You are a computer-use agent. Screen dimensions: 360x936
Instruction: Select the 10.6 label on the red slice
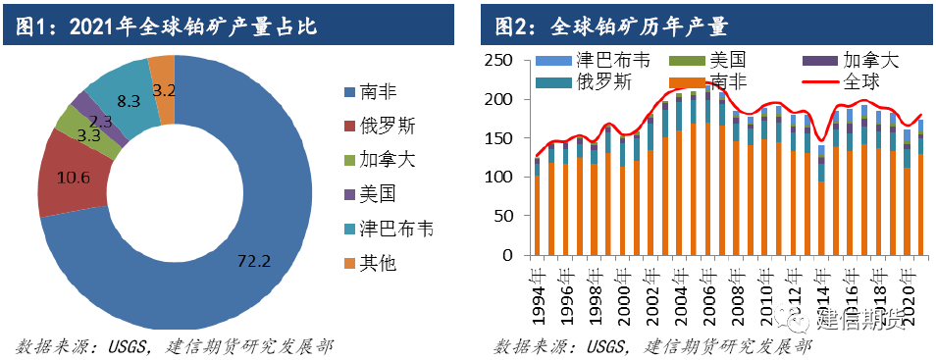point(71,178)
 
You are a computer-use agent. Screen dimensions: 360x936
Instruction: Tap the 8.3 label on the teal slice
point(129,100)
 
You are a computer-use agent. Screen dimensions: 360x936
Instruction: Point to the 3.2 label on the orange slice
point(165,90)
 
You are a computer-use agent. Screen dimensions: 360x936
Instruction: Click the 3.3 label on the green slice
point(88,135)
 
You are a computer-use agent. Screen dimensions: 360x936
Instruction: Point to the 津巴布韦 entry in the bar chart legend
point(603,60)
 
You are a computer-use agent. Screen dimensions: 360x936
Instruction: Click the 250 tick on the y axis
point(500,61)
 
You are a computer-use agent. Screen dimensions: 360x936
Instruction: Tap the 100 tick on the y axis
point(500,178)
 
